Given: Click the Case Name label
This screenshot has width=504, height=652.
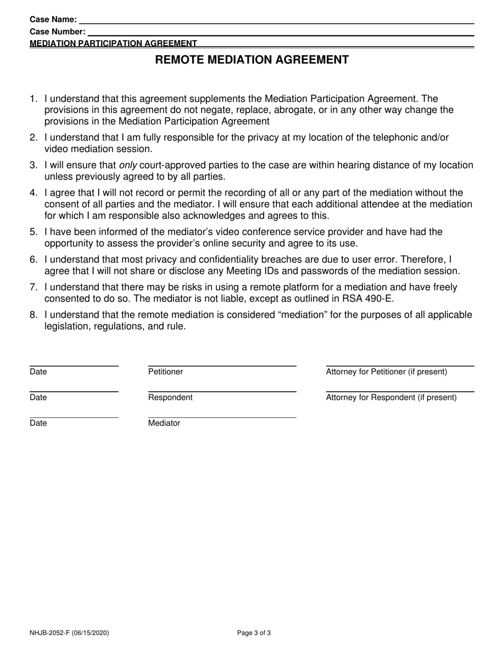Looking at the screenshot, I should coord(53,20).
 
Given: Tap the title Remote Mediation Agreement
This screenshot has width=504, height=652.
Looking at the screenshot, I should coord(252,60).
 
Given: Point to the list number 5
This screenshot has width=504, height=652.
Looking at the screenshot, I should coord(33,232).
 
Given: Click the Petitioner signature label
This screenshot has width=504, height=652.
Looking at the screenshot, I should coord(166,372).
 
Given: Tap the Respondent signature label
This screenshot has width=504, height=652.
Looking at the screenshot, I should coord(170,398).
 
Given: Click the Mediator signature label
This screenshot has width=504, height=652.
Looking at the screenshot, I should coord(164,424).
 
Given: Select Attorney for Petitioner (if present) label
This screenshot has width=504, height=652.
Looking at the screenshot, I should coord(386,372).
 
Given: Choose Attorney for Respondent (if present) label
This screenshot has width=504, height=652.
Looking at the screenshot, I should coord(391,398).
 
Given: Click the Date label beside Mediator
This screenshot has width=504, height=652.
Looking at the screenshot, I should coord(38,424).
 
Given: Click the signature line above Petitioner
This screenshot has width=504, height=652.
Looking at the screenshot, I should coord(222,366).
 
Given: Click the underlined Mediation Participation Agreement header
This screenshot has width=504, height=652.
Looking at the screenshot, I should coord(114,43).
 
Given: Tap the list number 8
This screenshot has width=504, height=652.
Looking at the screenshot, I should coord(33,315).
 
